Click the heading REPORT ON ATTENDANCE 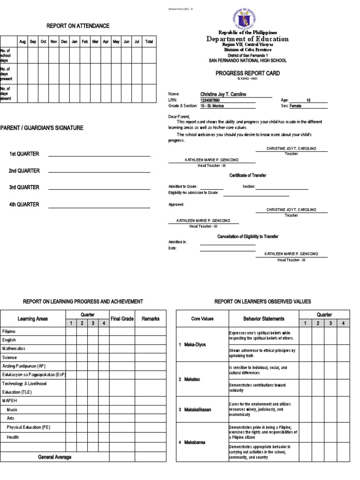pos(77,26)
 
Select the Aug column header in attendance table pos(22,42)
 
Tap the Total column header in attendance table pos(149,42)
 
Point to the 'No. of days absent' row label pos(7,93)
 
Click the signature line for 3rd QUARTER pos(99,189)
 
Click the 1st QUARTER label pos(24,154)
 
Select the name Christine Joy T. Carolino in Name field pos(223,94)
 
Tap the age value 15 pos(308,100)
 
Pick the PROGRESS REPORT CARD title pos(247,73)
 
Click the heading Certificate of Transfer pos(247,175)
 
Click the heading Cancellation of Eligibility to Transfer pos(247,237)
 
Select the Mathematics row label pos(14,348)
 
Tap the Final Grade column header pos(122,319)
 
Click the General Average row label pos(55,457)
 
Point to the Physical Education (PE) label pos(28,427)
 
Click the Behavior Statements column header pos(264,319)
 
